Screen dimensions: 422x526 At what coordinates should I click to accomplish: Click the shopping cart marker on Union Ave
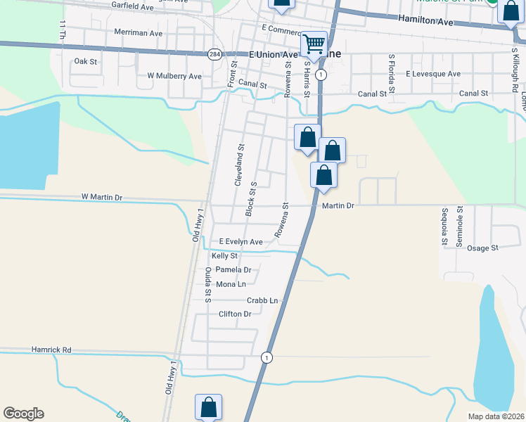314,44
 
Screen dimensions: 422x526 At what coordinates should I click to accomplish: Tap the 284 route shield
214,53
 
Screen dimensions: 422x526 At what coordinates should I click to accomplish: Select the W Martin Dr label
102,198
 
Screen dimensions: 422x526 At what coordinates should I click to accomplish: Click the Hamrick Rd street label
51,350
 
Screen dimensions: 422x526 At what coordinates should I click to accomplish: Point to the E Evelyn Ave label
240,242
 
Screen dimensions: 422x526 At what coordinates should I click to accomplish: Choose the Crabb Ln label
262,301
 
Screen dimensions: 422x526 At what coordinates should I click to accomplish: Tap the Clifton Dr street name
235,314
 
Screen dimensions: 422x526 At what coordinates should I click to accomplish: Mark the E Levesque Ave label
432,74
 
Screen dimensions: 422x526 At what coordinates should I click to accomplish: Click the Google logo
23,414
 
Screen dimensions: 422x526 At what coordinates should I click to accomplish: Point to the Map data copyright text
494,416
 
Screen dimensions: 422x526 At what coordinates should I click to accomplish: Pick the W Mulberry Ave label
174,76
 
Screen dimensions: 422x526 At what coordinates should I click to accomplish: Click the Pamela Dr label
233,270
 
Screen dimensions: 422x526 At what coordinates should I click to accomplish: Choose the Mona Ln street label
231,284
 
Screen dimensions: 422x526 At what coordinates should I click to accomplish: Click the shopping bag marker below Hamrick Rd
208,407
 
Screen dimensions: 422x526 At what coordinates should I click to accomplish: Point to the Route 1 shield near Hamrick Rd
266,357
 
